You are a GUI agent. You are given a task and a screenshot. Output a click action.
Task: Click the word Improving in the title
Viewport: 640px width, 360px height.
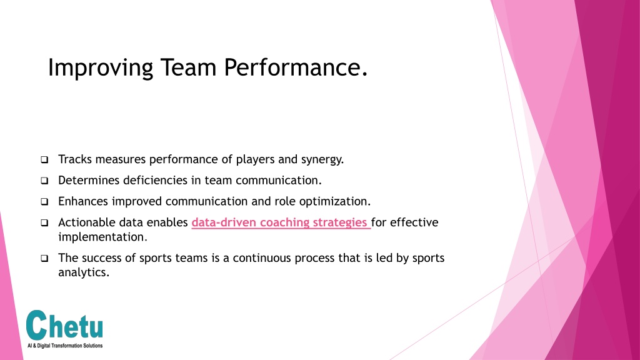(101, 67)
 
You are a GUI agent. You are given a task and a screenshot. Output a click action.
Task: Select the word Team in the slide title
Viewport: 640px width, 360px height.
(188, 67)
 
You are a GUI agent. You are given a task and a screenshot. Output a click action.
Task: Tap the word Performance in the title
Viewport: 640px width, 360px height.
(292, 67)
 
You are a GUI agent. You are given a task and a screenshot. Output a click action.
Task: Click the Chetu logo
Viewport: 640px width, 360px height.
(64, 329)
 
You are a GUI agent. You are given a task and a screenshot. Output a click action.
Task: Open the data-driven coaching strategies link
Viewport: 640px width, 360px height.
(281, 222)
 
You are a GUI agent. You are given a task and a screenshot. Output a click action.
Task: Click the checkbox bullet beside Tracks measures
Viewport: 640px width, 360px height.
(44, 159)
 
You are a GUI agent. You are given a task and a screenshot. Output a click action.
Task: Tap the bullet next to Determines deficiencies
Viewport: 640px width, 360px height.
(44, 181)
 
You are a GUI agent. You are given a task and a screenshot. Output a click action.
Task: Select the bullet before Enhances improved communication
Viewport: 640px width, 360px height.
(44, 202)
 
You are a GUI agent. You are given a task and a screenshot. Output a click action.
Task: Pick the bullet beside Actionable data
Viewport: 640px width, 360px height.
(44, 223)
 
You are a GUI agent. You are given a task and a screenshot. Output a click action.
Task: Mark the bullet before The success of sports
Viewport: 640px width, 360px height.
(44, 258)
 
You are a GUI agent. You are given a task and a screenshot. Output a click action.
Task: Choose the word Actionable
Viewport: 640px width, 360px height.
(86, 222)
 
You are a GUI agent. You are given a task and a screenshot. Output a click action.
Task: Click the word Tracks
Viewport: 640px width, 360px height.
(75, 159)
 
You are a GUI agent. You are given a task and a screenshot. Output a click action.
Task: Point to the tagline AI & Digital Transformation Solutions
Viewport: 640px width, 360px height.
(65, 346)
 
